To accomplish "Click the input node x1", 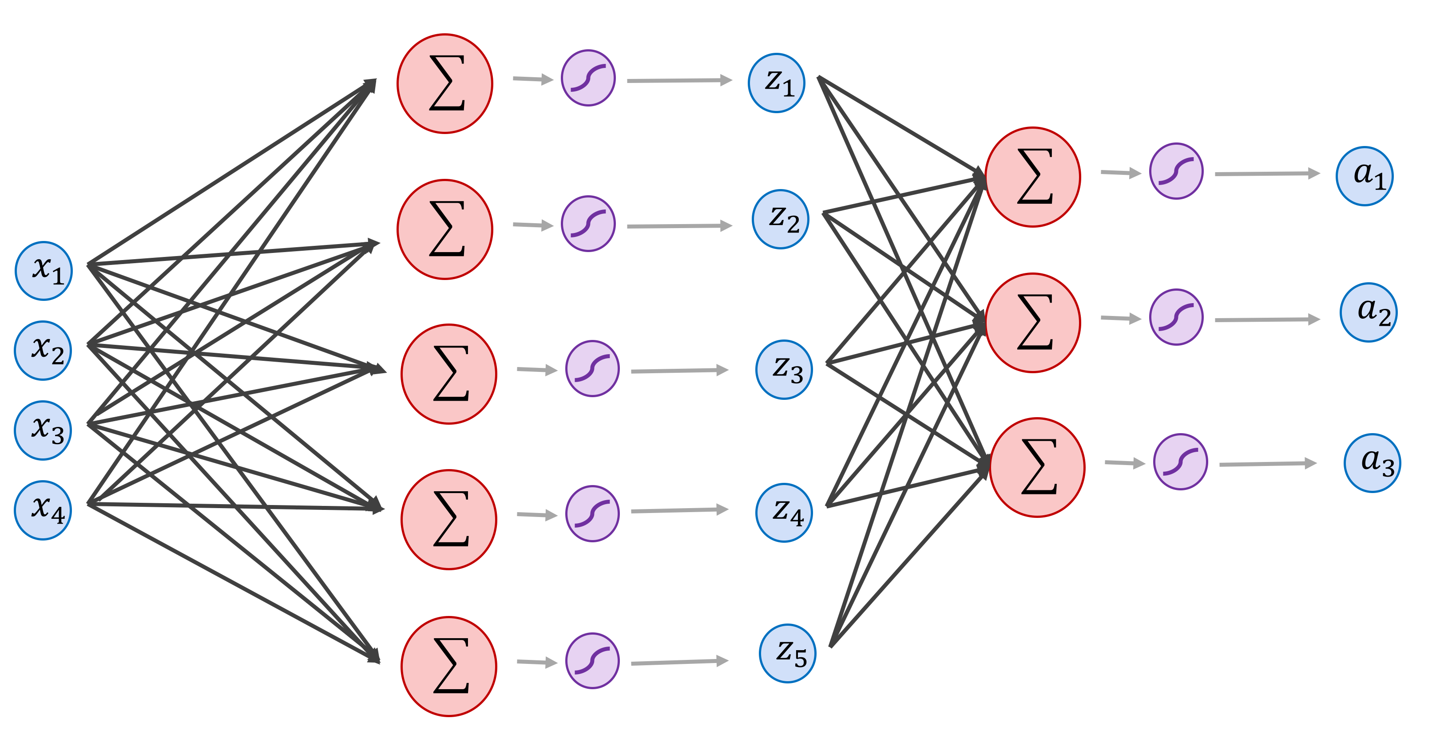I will [44, 271].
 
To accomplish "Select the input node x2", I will [43, 350].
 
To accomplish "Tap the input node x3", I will [43, 430].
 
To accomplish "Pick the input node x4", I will [43, 510].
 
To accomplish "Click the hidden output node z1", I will [776, 83].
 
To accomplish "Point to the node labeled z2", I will [780, 219].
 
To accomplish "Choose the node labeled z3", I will [784, 369].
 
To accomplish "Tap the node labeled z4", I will [784, 512].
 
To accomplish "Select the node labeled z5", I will [787, 653].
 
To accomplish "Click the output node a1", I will [1365, 176].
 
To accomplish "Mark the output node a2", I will [1369, 312].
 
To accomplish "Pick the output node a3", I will [1372, 462].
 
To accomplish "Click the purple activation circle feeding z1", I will [588, 78].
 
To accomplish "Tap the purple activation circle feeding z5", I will [592, 660].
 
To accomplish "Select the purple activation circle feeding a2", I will [1176, 317].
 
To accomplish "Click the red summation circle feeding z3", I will [448, 374].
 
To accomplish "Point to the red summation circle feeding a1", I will [1032, 177].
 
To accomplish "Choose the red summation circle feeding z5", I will [448, 667].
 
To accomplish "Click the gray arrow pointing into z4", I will [679, 510].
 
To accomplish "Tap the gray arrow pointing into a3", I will [1267, 464].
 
